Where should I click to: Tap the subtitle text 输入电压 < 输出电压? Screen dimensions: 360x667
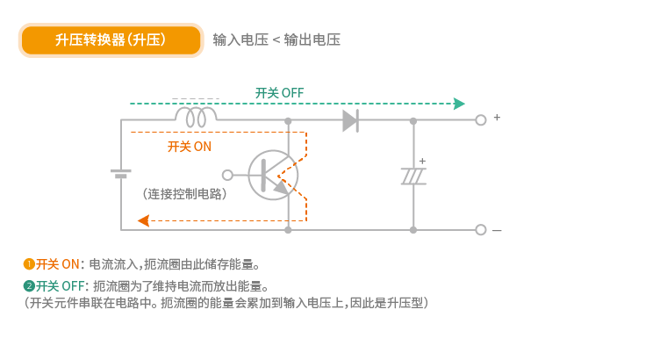pyautogui.click(x=276, y=40)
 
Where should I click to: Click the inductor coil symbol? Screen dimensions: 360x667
pyautogui.click(x=196, y=117)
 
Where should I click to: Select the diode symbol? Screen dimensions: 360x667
pyautogui.click(x=351, y=119)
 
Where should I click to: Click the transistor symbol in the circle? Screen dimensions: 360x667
pyautogui.click(x=273, y=175)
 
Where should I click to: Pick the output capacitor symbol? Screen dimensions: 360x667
pyautogui.click(x=413, y=175)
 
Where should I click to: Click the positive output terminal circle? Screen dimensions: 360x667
pyautogui.click(x=480, y=120)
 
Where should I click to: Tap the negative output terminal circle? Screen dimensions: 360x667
pyautogui.click(x=480, y=230)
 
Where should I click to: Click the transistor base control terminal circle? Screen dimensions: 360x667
pyautogui.click(x=228, y=175)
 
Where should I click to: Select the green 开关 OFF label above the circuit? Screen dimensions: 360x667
pyautogui.click(x=279, y=93)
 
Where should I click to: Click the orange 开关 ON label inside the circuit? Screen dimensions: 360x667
pyautogui.click(x=189, y=147)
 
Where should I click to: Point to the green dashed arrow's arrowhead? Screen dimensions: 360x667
pyautogui.click(x=459, y=104)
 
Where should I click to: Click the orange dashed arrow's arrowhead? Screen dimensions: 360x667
pyautogui.click(x=143, y=220)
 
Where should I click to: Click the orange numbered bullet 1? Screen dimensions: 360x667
pyautogui.click(x=29, y=263)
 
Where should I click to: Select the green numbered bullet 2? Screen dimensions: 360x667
pyautogui.click(x=29, y=285)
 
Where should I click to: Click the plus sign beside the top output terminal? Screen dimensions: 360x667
pyautogui.click(x=497, y=117)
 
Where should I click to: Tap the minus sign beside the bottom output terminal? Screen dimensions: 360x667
pyautogui.click(x=497, y=231)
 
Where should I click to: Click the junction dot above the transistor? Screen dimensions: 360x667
pyautogui.click(x=288, y=120)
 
